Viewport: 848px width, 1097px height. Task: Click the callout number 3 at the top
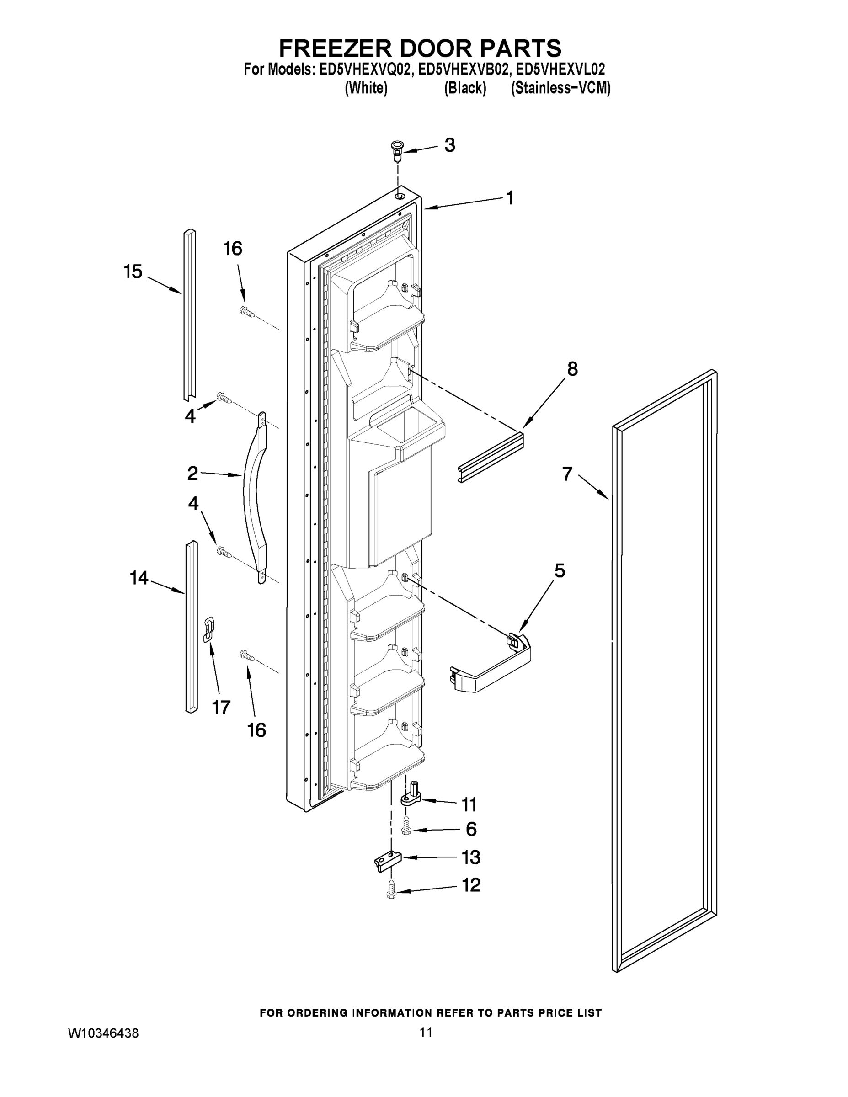pyautogui.click(x=450, y=145)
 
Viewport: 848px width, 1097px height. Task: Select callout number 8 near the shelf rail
pyautogui.click(x=572, y=369)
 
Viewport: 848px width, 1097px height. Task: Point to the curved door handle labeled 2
pyautogui.click(x=255, y=497)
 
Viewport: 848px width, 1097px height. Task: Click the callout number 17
pyautogui.click(x=220, y=708)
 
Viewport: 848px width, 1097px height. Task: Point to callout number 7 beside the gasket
pyautogui.click(x=567, y=473)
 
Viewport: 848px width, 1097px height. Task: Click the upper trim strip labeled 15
pyautogui.click(x=189, y=314)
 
